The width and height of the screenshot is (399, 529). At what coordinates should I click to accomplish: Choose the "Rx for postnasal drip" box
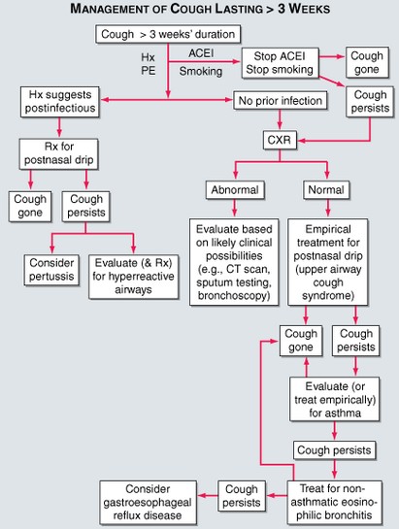pyautogui.click(x=56, y=153)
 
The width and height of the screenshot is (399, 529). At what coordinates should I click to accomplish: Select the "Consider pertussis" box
pyautogui.click(x=52, y=269)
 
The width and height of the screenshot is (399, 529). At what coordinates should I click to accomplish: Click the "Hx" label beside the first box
pyautogui.click(x=148, y=57)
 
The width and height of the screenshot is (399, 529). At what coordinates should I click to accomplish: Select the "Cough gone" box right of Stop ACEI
pyautogui.click(x=365, y=62)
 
